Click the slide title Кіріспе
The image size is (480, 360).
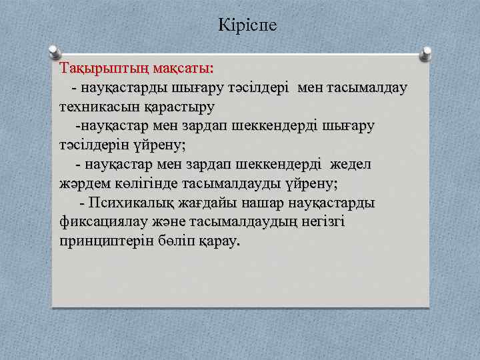click(247, 26)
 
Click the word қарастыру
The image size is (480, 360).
click(176, 107)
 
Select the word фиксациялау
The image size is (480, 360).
click(106, 221)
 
